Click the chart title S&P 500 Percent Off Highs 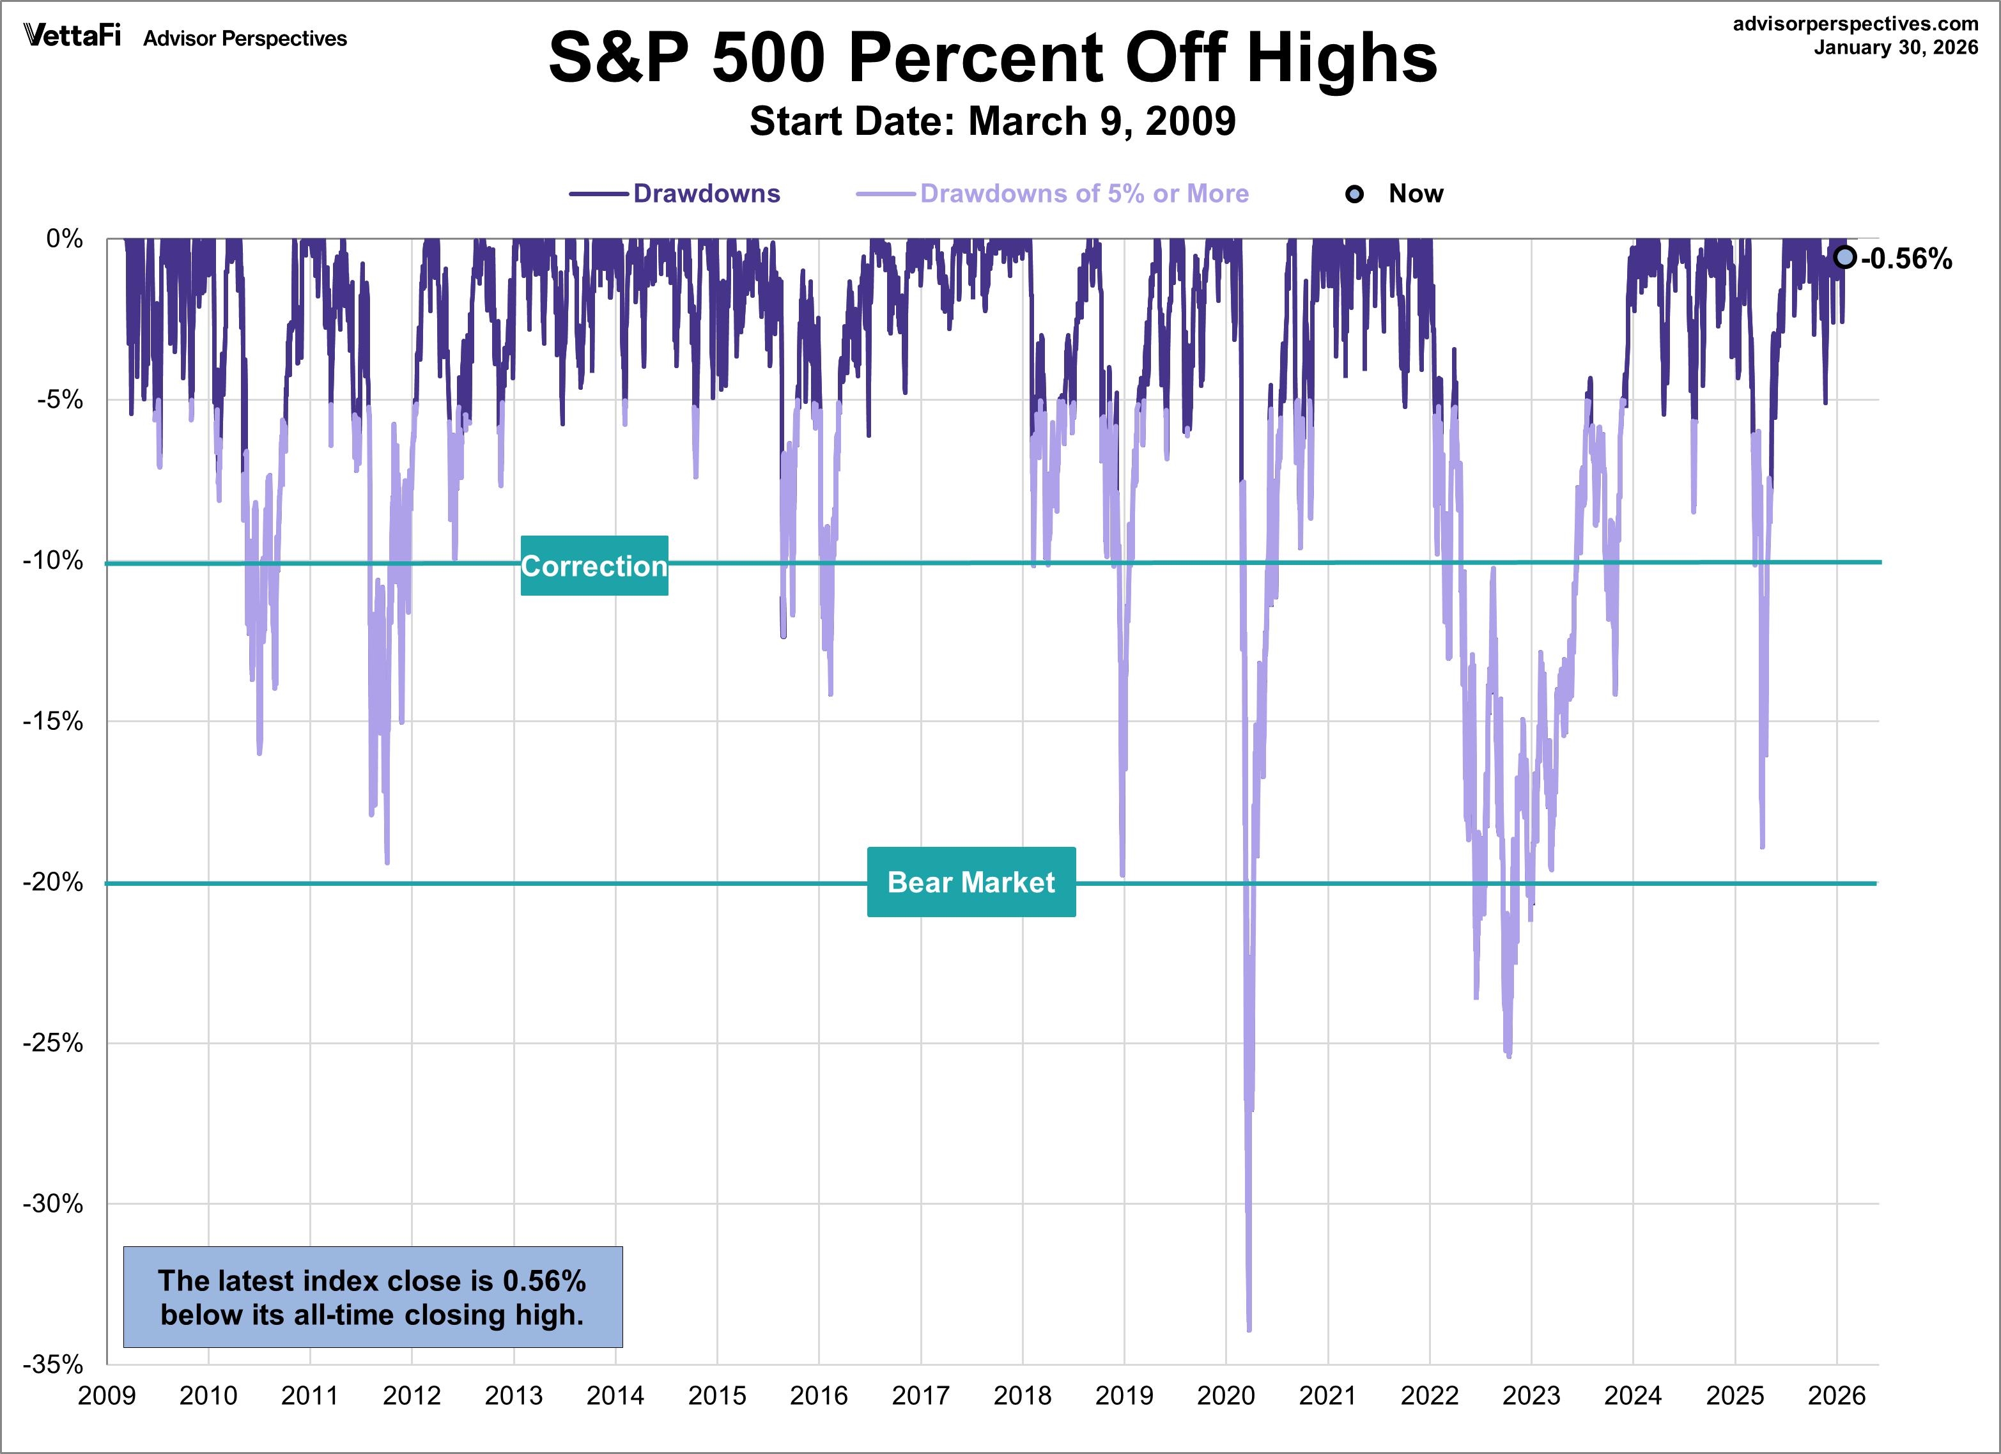tap(993, 58)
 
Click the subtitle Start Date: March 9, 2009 tap(993, 121)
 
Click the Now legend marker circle tap(1354, 194)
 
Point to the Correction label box tap(594, 566)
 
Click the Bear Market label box tap(971, 881)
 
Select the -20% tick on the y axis tap(53, 881)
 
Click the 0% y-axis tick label tap(65, 238)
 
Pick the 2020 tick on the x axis tap(1226, 1396)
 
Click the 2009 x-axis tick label tap(107, 1396)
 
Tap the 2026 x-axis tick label tap(1836, 1396)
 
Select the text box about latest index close tap(373, 1297)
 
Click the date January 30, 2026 tap(1896, 48)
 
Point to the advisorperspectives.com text tap(1855, 24)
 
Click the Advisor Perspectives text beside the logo tap(245, 39)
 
